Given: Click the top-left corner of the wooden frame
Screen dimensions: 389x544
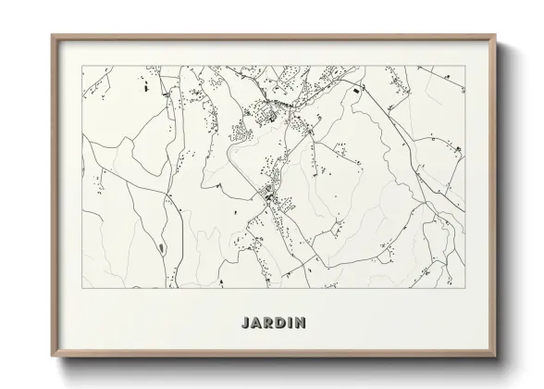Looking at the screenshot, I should pyautogui.click(x=51, y=35).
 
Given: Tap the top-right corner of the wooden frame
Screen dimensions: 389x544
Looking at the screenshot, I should pyautogui.click(x=495, y=35).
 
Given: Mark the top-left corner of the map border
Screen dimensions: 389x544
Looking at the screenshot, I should pyautogui.click(x=82, y=66).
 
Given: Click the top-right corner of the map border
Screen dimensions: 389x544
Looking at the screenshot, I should pyautogui.click(x=463, y=66).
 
